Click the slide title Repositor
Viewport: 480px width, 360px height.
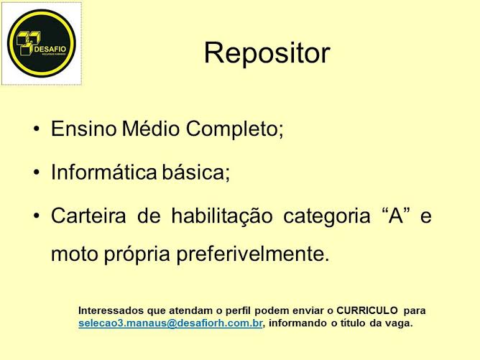[267, 52]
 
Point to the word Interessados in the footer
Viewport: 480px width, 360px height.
[110, 310]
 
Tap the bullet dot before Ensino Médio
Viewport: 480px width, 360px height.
[37, 130]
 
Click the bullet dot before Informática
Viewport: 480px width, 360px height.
[37, 173]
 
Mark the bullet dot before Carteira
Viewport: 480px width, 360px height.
[37, 216]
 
